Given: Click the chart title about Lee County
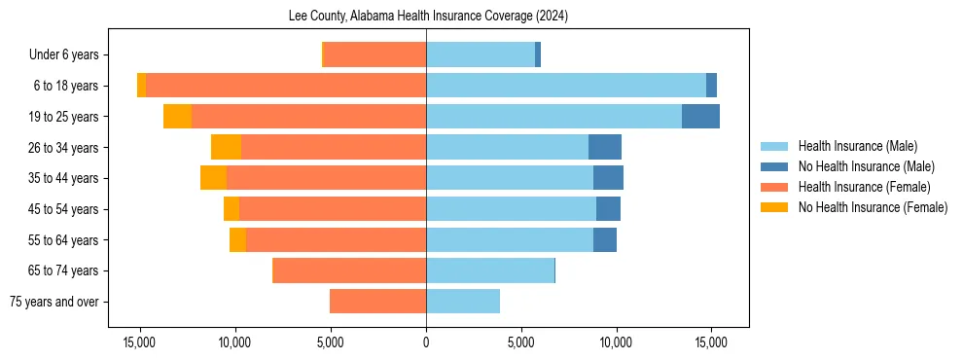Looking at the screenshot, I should point(428,17).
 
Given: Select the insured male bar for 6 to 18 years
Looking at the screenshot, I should point(566,86).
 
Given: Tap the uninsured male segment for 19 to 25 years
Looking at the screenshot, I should point(700,117).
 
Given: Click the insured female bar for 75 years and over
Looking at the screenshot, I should point(377,302).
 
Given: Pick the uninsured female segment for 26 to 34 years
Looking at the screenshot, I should point(226,147).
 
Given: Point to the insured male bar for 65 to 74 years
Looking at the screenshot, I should point(490,270).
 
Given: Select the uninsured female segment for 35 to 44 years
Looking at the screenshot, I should point(213,178).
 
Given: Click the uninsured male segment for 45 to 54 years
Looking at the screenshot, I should point(608,209).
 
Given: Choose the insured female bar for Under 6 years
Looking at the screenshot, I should point(374,54).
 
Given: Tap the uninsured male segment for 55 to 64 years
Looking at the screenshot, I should point(605,239).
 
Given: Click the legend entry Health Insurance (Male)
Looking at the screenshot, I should point(857,146).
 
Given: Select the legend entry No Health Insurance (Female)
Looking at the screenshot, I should point(873,207).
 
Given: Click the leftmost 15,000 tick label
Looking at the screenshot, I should point(140,342).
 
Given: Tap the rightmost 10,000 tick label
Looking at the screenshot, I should point(616,342).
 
